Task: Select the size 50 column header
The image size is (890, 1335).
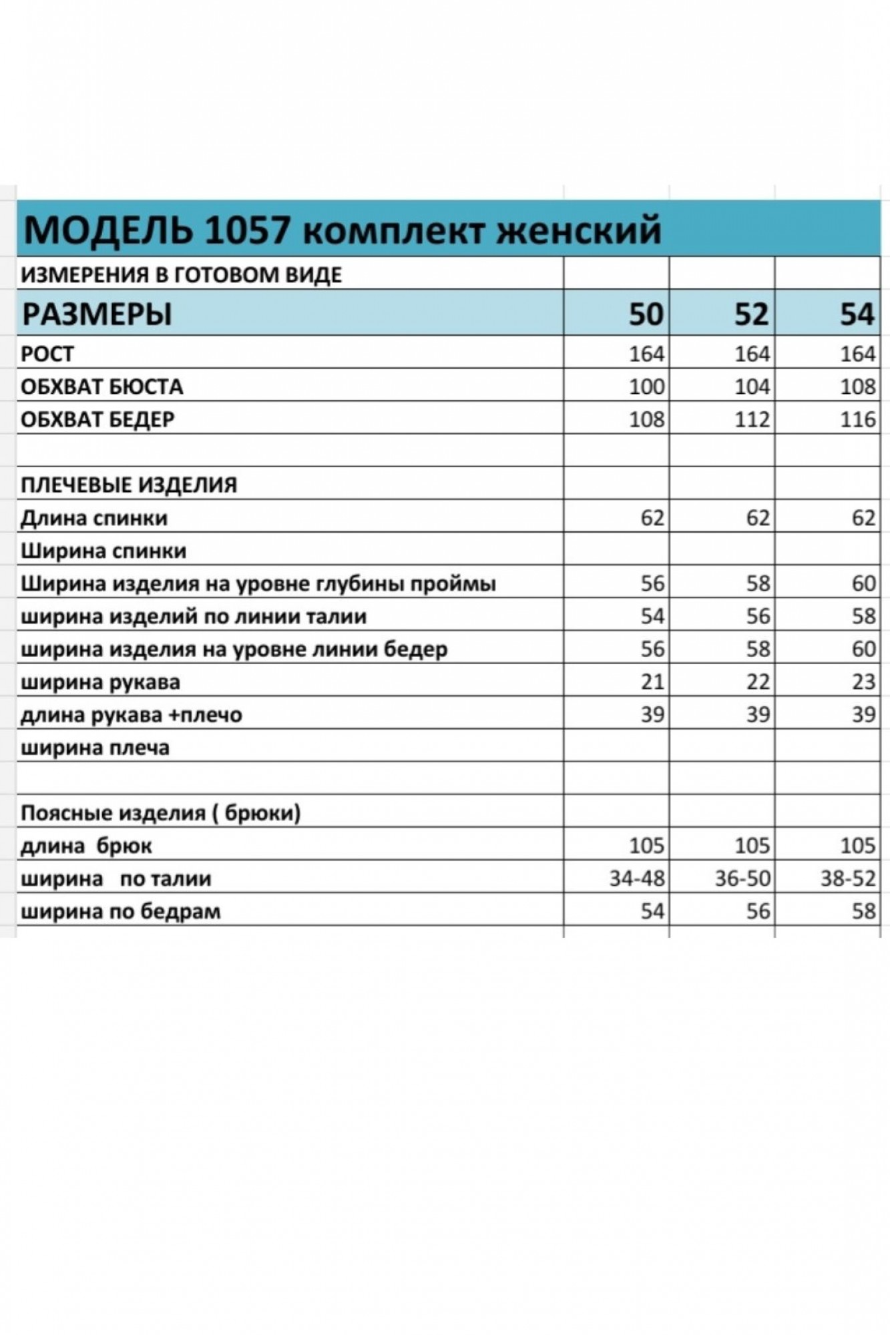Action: tap(646, 314)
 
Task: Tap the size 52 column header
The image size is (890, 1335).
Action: tap(751, 314)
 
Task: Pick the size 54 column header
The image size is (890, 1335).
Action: tap(857, 314)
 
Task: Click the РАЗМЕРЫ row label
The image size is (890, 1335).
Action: tap(97, 314)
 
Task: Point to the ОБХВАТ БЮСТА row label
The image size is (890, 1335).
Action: tap(101, 386)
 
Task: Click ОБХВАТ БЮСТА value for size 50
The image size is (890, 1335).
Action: tap(646, 386)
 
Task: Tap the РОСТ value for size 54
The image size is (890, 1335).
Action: tap(857, 354)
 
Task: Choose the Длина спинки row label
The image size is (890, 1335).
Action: tap(94, 518)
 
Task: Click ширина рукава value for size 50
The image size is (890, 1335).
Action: tap(652, 682)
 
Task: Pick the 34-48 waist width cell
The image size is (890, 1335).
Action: tap(637, 878)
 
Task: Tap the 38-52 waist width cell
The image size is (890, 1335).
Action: tap(848, 878)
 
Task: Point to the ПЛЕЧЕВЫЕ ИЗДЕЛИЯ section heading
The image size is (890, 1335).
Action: tap(129, 485)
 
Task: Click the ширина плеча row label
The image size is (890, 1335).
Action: tap(95, 748)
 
